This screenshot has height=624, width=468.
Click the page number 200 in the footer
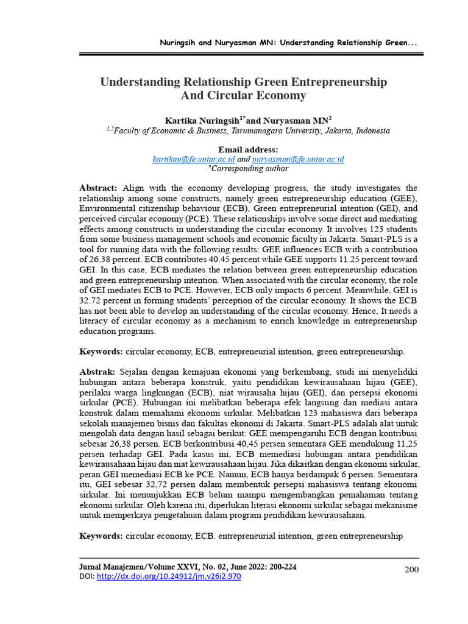point(413,569)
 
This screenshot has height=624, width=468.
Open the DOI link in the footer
point(169,576)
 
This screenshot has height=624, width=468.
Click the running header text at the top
point(288,43)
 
